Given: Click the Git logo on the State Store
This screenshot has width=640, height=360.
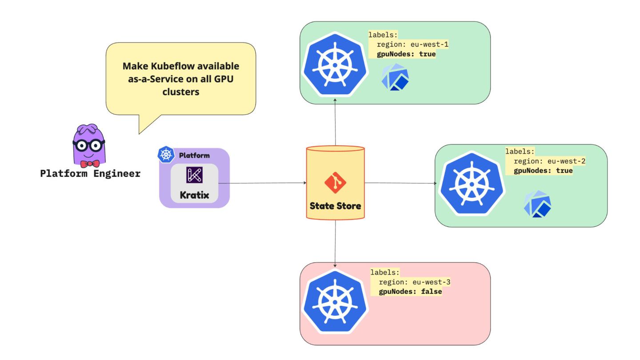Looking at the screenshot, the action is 335,183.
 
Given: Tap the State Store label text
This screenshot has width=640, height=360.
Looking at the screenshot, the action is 335,206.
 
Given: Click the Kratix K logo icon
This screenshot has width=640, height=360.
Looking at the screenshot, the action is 194,175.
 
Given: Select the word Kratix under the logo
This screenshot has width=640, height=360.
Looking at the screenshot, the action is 194,195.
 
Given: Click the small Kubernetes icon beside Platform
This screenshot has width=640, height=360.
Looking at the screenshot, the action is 166,155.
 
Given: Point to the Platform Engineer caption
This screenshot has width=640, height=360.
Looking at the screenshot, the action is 90,173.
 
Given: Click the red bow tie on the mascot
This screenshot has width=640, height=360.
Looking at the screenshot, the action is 90,164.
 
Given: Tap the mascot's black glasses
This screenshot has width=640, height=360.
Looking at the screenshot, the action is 88,146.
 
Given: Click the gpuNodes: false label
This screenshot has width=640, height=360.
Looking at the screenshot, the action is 410,292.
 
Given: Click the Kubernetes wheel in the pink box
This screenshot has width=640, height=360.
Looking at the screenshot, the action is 335,302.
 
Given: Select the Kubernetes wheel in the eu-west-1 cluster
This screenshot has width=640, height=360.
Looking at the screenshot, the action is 335,65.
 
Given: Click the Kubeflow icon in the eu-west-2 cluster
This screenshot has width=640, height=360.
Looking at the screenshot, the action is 537,204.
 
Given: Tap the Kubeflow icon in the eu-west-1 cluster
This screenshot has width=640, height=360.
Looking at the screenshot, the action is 395,77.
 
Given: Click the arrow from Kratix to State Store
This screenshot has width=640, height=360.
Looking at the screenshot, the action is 262,183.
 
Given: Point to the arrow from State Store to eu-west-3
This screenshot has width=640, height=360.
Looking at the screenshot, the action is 335,244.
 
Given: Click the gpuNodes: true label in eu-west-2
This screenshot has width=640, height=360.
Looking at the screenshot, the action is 543,171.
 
